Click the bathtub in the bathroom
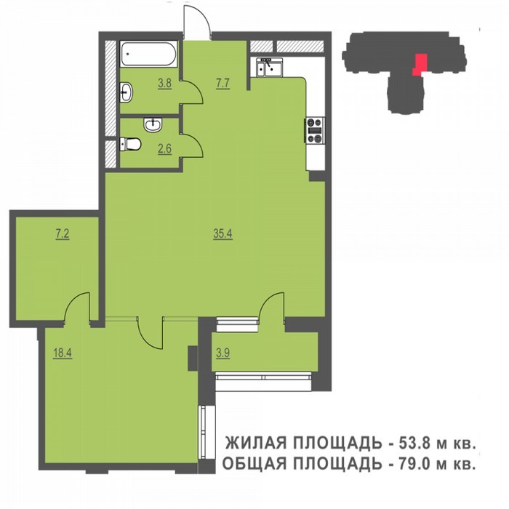[x=148, y=54]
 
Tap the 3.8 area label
[x=164, y=83]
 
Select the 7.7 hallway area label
[x=223, y=83]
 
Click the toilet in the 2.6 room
[x=130, y=144]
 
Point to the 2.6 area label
[x=164, y=149]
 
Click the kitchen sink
[x=270, y=68]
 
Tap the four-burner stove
[x=315, y=130]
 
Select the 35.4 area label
[x=223, y=233]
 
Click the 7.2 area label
[x=63, y=233]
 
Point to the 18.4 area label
[x=63, y=353]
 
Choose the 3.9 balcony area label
[x=223, y=353]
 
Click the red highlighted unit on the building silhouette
[x=420, y=65]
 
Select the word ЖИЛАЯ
[x=256, y=443]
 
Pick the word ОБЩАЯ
[x=254, y=464]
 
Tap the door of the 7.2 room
[x=77, y=307]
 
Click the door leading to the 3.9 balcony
[x=272, y=307]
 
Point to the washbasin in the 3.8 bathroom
[x=126, y=92]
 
